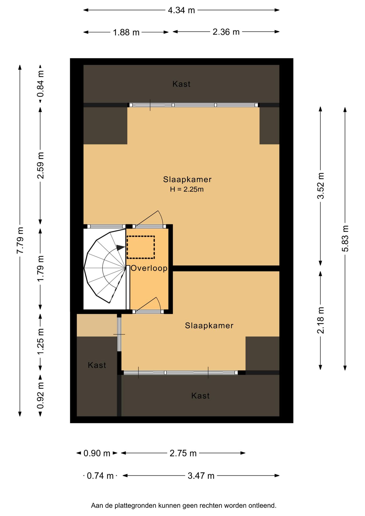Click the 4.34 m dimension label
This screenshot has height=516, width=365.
coord(181,10)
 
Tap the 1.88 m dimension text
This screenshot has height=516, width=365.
coord(126,33)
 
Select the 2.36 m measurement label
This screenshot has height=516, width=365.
coord(226,32)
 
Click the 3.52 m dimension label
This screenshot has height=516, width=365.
coord(321,186)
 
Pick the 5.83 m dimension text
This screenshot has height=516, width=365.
coord(345,238)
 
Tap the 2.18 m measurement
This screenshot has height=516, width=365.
coord(321,320)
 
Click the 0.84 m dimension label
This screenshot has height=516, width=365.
coord(41,84)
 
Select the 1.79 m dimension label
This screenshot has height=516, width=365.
coord(41,268)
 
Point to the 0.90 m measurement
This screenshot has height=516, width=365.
coord(97,453)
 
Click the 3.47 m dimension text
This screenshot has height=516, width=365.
coord(201,476)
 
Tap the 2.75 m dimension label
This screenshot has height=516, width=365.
coord(183,453)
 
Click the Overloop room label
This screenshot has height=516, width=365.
coord(149,268)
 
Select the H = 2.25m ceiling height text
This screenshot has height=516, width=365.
coord(187,189)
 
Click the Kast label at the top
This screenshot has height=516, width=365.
coord(181,84)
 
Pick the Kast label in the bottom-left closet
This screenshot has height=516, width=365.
coord(97,365)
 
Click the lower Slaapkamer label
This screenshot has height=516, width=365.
coord(209,326)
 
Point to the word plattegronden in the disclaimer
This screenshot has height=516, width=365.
coord(136,506)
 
